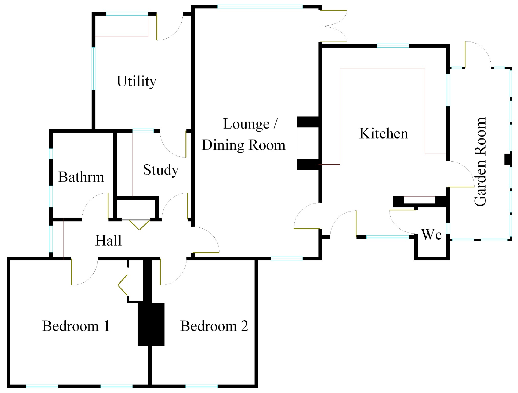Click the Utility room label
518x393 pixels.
coord(136,81)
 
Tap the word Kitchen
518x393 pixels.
coord(383,133)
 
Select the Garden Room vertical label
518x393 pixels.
coord(480,162)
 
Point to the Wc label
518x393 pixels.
coord(431,234)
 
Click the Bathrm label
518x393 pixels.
coord(81,177)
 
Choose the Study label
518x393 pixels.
coord(161,170)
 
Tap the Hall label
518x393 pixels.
coord(108,240)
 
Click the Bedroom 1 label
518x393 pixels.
coord(76,326)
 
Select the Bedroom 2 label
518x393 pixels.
coord(214,326)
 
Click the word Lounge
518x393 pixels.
coord(246,124)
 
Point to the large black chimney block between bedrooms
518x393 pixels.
coord(151,324)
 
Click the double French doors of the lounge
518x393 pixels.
coord(334,26)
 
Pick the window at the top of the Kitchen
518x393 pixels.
coord(393,46)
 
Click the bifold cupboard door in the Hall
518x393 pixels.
coord(139,224)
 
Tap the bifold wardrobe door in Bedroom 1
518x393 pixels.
coord(123,285)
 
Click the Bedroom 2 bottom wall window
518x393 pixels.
coord(201,386)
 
